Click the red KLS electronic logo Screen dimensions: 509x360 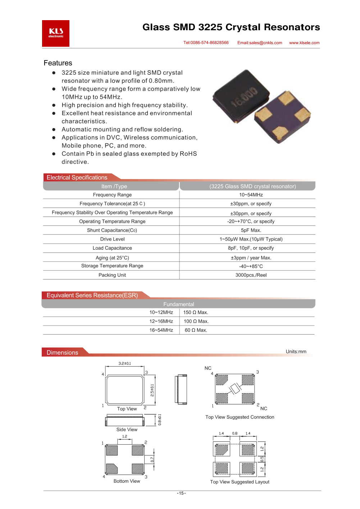[x=56, y=33]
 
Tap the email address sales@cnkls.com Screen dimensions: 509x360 [x=260, y=43]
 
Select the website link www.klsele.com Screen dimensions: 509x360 [x=304, y=43]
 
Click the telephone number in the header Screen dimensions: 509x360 [x=206, y=43]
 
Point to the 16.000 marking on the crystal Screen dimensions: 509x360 [x=244, y=97]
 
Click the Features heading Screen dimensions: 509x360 [x=58, y=63]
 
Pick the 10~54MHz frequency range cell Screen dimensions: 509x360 [x=251, y=195]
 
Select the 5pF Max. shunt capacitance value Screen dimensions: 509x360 [x=251, y=230]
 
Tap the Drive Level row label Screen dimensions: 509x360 [x=112, y=239]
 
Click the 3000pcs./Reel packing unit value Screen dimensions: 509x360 [x=251, y=275]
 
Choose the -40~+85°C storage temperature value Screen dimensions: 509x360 [x=251, y=267]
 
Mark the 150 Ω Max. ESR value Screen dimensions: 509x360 [x=196, y=313]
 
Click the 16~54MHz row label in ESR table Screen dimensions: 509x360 [x=161, y=330]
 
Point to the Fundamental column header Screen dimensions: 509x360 [x=179, y=304]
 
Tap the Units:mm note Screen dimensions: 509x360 [x=296, y=352]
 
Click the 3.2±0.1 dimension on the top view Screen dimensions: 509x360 [x=125, y=364]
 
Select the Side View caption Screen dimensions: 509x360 [x=127, y=430]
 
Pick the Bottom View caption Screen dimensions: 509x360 [x=127, y=481]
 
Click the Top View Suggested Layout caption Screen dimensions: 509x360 [x=240, y=482]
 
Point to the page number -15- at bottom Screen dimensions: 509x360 [x=181, y=493]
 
